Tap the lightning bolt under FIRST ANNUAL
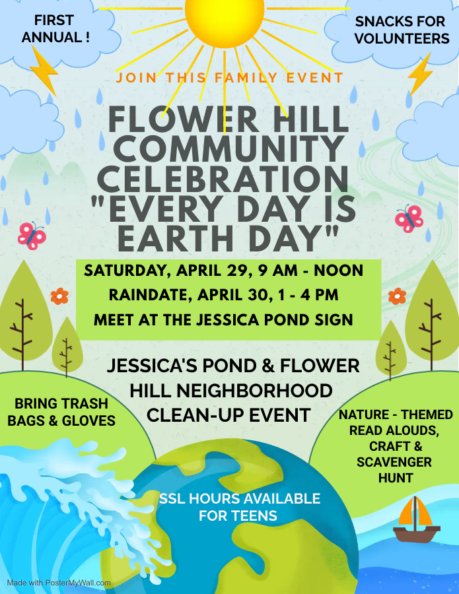tap(45, 71)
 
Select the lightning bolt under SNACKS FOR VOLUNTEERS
tap(421, 74)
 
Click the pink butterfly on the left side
tap(32, 236)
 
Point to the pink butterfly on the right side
tap(409, 219)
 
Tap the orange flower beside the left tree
tap(59, 296)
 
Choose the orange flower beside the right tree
tap(397, 296)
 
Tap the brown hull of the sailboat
tap(417, 534)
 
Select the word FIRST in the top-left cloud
tap(53, 20)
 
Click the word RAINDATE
tap(148, 296)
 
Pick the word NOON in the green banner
tap(338, 271)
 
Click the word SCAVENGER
tap(394, 462)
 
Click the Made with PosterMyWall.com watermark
tap(59, 583)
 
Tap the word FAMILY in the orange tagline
tap(246, 78)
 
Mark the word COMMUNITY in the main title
tap(229, 149)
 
